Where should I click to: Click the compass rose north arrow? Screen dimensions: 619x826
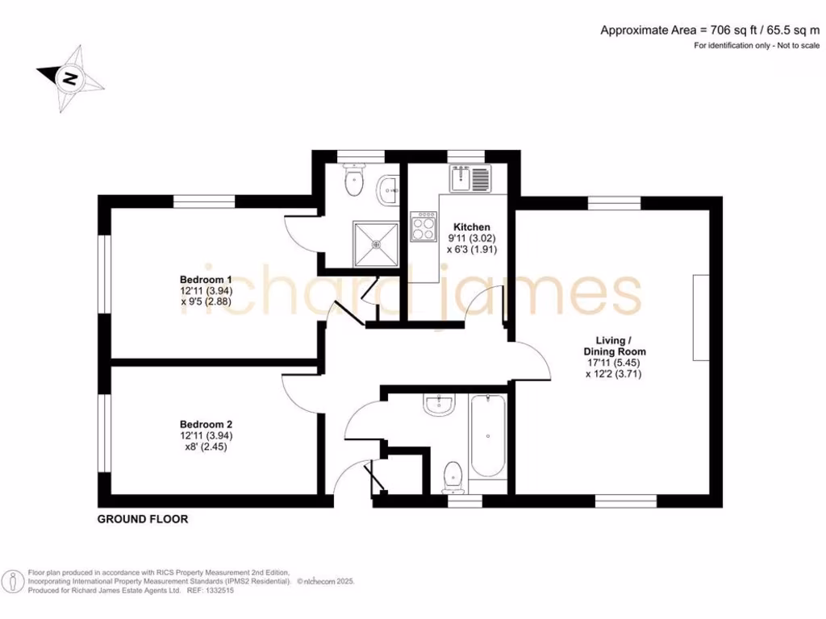(x=70, y=78)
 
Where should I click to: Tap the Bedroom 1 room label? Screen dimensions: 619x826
(x=200, y=280)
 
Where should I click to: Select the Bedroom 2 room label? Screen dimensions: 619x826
(x=206, y=424)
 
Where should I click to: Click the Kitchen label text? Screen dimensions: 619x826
(x=472, y=227)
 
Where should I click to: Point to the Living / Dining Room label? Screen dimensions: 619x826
(x=615, y=346)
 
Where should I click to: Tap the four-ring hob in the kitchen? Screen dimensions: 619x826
(x=423, y=226)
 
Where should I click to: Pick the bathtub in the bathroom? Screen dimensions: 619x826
(x=487, y=436)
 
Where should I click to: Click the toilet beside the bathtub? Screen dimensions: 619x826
(x=453, y=476)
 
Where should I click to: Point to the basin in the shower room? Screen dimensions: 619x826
(x=387, y=189)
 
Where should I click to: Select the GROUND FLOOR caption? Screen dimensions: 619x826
(x=143, y=519)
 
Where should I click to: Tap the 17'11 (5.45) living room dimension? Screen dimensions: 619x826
(x=615, y=363)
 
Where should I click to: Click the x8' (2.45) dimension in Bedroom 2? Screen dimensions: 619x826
(x=205, y=447)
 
